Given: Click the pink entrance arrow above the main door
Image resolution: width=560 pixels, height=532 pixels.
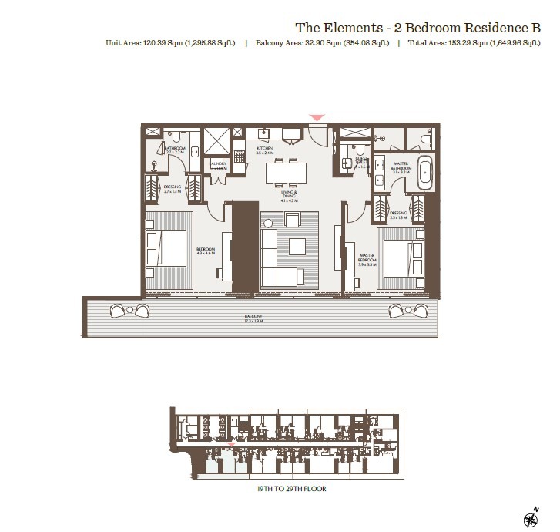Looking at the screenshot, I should (317, 118).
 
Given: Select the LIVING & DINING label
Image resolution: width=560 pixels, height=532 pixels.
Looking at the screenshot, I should (290, 196).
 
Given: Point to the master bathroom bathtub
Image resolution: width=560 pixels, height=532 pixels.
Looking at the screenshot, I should (424, 173).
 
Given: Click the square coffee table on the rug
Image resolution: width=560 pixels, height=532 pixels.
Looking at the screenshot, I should (299, 247).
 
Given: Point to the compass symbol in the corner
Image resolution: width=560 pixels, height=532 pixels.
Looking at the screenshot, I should (531, 517).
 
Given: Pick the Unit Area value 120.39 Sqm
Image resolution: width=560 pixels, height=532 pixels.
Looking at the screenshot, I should (165, 44).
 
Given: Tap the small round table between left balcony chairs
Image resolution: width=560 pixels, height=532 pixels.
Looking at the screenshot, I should (129, 311).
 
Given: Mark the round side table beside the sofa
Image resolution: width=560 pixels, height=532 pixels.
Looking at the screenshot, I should (269, 223).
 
